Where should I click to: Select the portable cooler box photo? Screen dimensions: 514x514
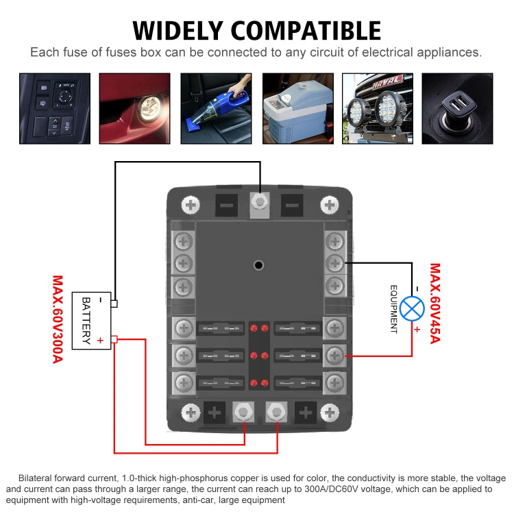pos(297,108)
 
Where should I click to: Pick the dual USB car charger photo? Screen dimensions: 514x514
pos(456,108)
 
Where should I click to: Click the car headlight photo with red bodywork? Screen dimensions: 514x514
pos(135,108)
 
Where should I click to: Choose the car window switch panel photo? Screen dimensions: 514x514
pos(54,108)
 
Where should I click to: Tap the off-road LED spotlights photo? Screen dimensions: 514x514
pos(377,108)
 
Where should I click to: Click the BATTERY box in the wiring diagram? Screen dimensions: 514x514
pos(91,320)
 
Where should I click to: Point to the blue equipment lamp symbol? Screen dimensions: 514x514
pos(412,308)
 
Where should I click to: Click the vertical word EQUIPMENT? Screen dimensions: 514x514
pos(394,309)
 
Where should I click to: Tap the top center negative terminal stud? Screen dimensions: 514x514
pos(260,203)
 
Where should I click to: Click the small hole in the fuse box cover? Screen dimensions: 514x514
pos(258,265)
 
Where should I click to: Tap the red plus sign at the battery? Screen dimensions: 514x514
pos(100,341)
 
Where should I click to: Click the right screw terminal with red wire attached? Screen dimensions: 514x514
pos(334,355)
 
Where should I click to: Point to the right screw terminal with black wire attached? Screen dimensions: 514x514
pos(334,262)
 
